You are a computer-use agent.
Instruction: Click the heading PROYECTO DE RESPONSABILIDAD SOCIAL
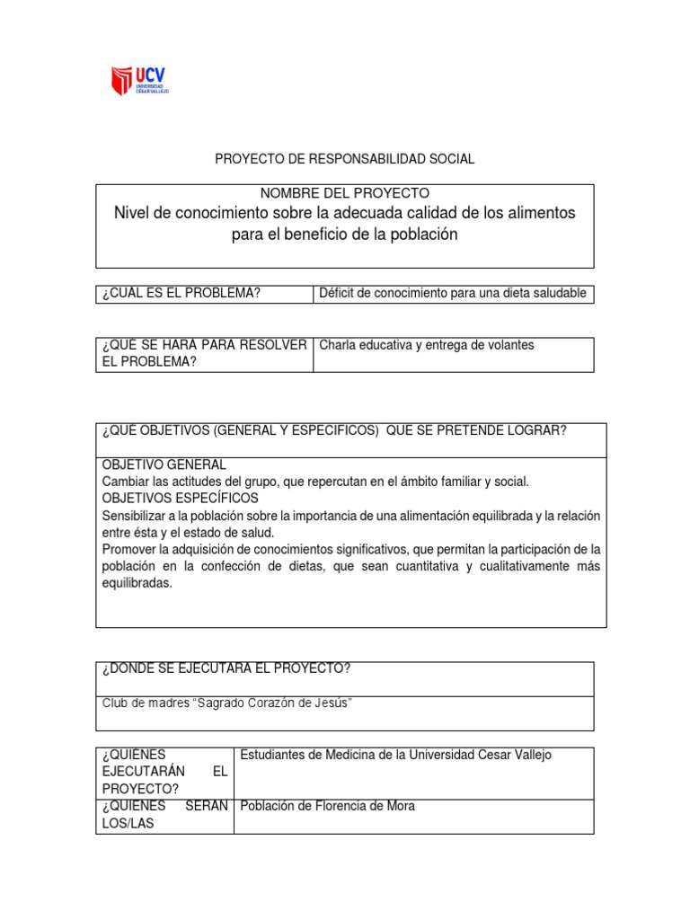click(x=344, y=159)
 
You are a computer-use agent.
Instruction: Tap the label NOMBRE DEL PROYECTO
click(x=344, y=193)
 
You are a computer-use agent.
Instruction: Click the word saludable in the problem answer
click(x=559, y=293)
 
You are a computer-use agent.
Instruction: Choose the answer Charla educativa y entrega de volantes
click(x=427, y=345)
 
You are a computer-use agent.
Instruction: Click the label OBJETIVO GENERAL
click(x=164, y=465)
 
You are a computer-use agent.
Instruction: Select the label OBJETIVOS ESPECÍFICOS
click(x=181, y=498)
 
